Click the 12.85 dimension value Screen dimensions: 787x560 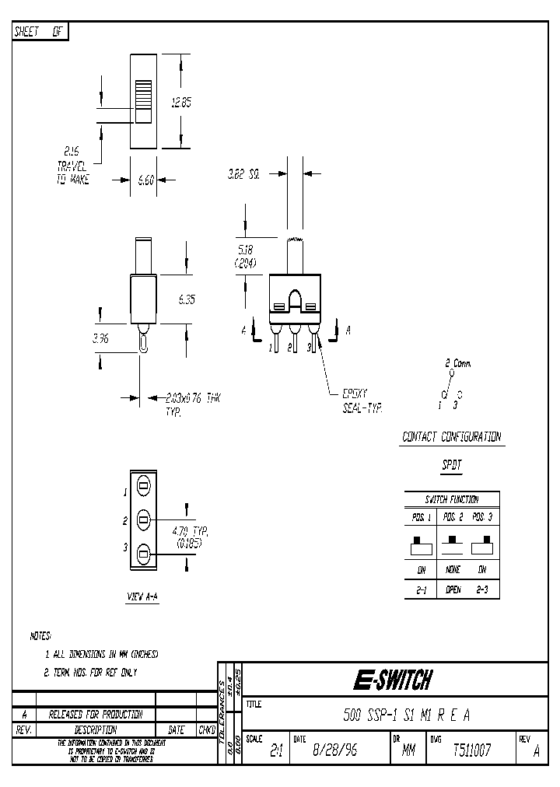coord(180,102)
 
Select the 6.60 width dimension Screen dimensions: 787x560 coord(145,180)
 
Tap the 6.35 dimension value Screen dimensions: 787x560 coord(186,298)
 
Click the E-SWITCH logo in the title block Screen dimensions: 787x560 coord(392,681)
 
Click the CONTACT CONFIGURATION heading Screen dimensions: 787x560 coord(451,437)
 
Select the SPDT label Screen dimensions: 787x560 coord(451,465)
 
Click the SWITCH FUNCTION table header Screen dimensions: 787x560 coord(451,499)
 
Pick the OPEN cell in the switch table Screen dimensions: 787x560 coord(453,590)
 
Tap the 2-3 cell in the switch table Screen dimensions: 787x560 coord(483,590)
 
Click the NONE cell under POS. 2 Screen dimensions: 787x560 coord(453,568)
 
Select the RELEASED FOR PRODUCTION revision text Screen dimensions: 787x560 coord(95,715)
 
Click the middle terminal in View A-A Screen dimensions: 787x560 coord(144,519)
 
